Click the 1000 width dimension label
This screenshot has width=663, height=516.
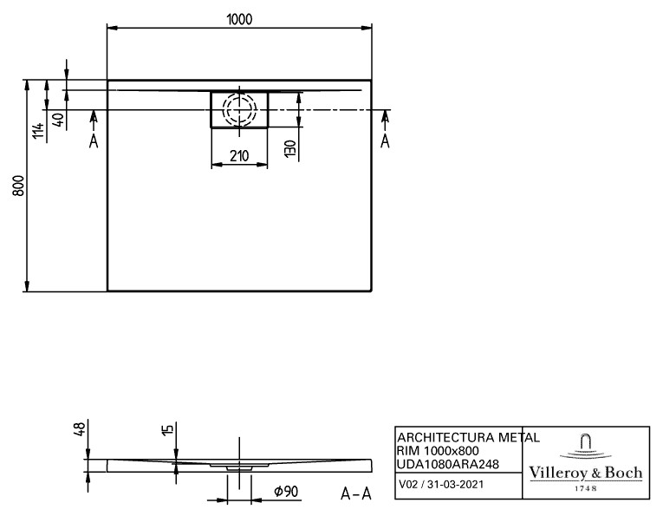click(239, 19)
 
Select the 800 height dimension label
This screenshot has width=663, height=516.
click(18, 186)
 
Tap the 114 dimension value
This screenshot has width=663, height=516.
click(38, 131)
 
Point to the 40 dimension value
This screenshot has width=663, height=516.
click(59, 120)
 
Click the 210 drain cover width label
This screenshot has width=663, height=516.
click(239, 156)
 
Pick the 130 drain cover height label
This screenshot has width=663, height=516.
click(290, 149)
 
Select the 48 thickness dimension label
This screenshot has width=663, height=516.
click(80, 429)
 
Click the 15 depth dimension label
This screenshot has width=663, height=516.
click(168, 429)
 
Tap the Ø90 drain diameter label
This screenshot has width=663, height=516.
click(286, 491)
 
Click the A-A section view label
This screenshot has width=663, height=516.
click(356, 493)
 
